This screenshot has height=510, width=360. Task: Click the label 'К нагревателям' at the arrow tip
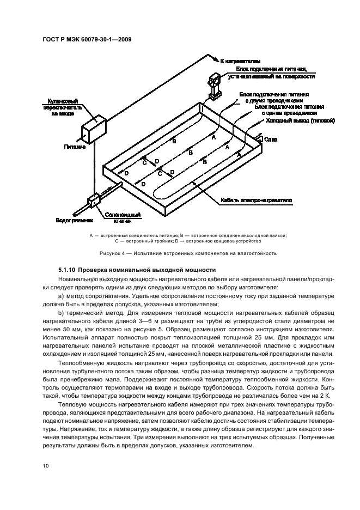coord(239,62)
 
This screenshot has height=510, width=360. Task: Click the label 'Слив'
coord(271,140)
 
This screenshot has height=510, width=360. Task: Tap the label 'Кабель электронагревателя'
coord(256,200)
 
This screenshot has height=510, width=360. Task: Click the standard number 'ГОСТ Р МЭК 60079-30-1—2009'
coord(87,39)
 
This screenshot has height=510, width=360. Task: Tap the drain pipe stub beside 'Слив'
coord(260,139)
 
